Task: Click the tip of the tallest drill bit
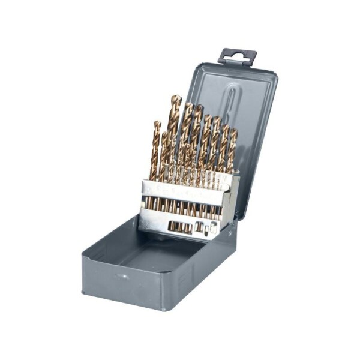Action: (175, 96)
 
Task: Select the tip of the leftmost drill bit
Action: (157, 122)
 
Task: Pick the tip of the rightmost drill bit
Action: (233, 130)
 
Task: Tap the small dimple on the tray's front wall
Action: (122, 277)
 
